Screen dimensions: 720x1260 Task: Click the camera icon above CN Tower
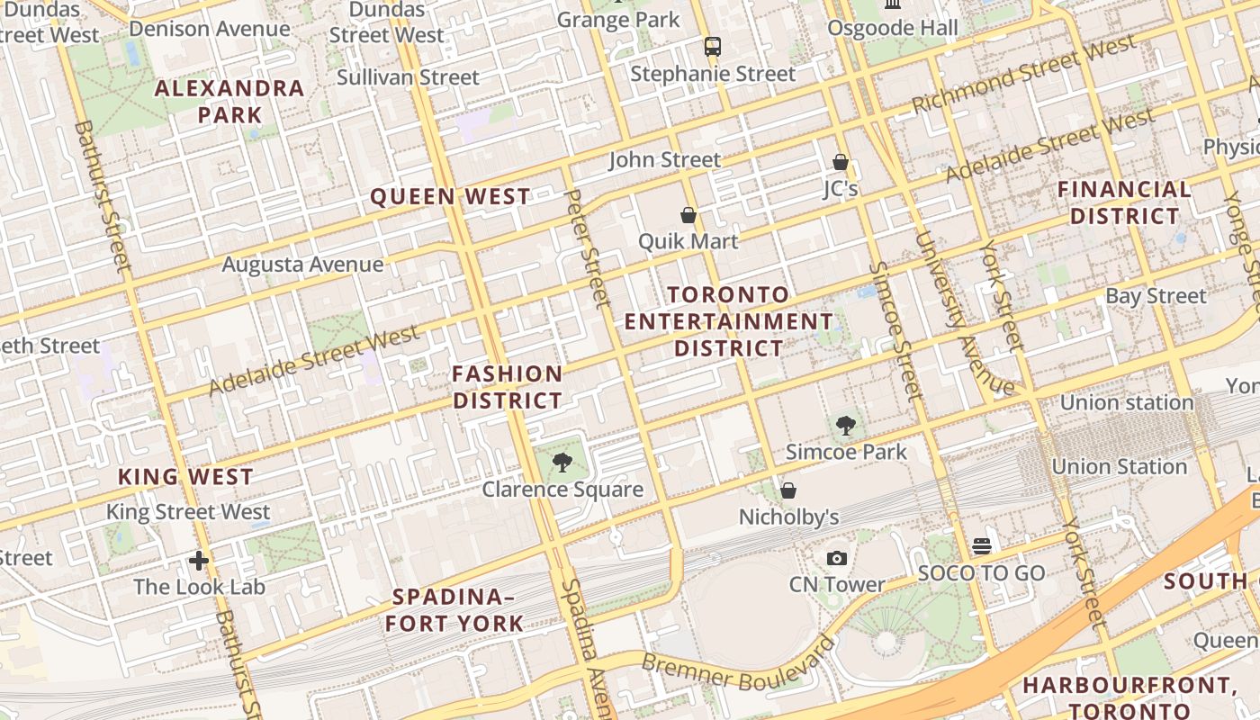[837, 558]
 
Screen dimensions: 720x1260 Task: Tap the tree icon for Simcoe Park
[845, 426]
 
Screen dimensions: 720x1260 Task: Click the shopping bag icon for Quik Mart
[688, 215]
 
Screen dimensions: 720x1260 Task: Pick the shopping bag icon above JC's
[841, 162]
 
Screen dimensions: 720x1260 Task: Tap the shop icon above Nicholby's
[788, 490]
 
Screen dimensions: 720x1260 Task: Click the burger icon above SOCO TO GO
[981, 546]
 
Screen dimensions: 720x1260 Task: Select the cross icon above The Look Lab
[199, 561]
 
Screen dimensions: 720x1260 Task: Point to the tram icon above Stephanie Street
[713, 46]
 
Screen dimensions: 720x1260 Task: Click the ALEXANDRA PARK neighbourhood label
[229, 101]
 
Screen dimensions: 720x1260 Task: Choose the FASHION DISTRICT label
[508, 387]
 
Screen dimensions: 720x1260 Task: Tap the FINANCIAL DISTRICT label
[1124, 202]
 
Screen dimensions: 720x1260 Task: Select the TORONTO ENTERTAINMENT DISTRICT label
[729, 321]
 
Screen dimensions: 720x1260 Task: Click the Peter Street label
[588, 248]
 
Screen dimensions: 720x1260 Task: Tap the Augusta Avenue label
[302, 265]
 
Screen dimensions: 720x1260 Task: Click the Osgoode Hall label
[893, 29]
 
